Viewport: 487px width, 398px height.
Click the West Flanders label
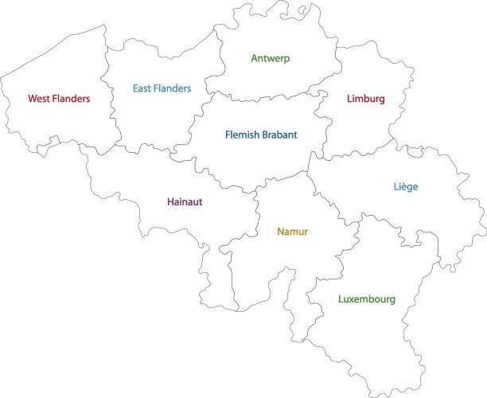click(59, 99)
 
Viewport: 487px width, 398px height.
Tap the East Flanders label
click(162, 88)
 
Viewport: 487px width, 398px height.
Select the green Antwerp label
click(271, 58)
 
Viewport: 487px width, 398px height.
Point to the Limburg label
click(366, 99)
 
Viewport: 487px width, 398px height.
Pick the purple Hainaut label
click(185, 202)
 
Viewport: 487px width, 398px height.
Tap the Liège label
click(405, 187)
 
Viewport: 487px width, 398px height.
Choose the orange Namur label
click(292, 232)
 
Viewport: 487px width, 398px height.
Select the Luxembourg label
click(366, 300)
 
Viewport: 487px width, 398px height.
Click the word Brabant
click(279, 135)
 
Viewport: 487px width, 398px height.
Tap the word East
click(142, 88)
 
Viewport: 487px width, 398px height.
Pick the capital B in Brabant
click(264, 135)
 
